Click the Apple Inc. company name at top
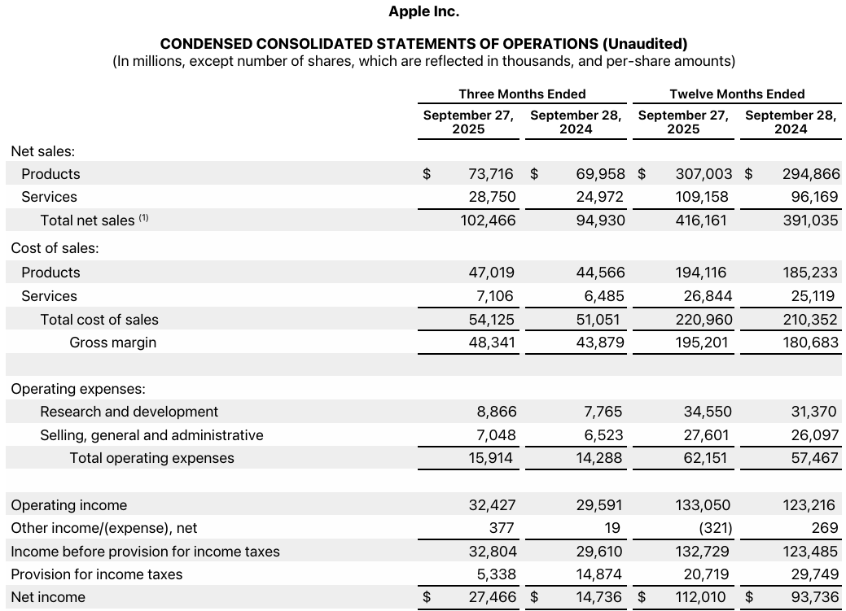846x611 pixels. pos(423,11)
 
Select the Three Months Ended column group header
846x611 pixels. pos(522,94)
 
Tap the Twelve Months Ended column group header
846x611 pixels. pos(737,94)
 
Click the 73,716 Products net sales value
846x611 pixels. pos(491,174)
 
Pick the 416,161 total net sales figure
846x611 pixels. pos(701,220)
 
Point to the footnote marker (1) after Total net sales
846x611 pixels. pos(144,218)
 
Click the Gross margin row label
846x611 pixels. pos(112,343)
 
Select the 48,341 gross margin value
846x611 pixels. pos(491,343)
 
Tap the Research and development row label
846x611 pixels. pos(129,412)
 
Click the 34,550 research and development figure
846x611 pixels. pos(707,412)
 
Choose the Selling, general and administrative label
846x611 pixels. pos(151,435)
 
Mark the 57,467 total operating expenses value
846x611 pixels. pos(814,458)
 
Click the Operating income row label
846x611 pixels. pos(68,505)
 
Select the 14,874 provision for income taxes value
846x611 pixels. pos(599,574)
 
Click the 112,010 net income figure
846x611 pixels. pos(701,597)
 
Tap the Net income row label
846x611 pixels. pos(48,597)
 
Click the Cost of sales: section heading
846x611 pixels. pos(55,248)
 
